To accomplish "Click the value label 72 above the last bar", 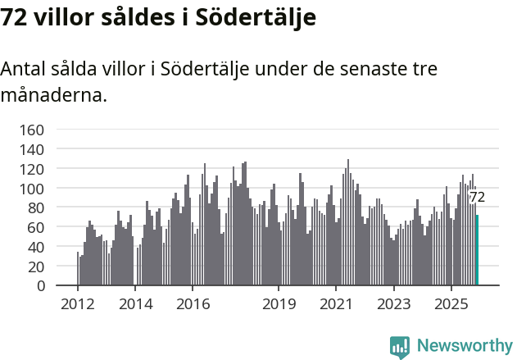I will [x=477, y=197].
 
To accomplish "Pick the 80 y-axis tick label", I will [x=35, y=207].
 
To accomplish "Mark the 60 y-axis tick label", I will [x=35, y=227].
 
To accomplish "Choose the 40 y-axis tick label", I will [x=35, y=247].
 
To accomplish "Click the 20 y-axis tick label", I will [x=35, y=267].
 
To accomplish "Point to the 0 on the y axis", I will [x=39, y=286].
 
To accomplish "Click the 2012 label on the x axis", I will [x=78, y=304].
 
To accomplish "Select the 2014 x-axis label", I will [x=136, y=304].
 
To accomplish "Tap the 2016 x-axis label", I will [x=193, y=304].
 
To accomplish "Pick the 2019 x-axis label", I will [x=279, y=304].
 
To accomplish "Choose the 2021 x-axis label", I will [x=336, y=304].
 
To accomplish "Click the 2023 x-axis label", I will [x=393, y=304].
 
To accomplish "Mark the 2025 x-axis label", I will [x=451, y=304].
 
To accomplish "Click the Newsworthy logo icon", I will [x=400, y=347].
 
